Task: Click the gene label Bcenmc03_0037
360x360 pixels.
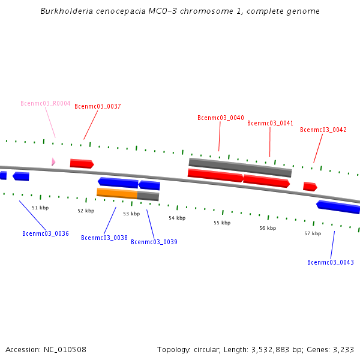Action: point(98,106)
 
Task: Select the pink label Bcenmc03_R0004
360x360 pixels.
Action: point(46,103)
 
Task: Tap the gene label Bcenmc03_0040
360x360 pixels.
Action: point(221,118)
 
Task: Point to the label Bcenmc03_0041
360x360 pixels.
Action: point(271,123)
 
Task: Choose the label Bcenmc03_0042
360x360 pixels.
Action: point(323,130)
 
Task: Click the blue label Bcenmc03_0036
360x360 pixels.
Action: point(46,233)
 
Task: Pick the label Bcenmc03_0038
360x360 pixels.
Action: point(104,238)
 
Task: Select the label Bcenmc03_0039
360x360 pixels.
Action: point(154,242)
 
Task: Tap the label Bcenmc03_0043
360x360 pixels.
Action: point(331,262)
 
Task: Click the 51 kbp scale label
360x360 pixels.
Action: point(40,208)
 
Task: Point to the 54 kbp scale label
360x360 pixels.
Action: point(176,218)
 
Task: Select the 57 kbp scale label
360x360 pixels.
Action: point(313,233)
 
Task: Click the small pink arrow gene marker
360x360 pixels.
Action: point(53,161)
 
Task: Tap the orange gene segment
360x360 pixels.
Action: point(117,193)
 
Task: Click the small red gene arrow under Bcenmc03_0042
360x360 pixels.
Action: point(310,187)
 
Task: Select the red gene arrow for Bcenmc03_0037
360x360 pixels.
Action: point(82,163)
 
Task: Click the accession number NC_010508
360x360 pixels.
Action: point(63,349)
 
